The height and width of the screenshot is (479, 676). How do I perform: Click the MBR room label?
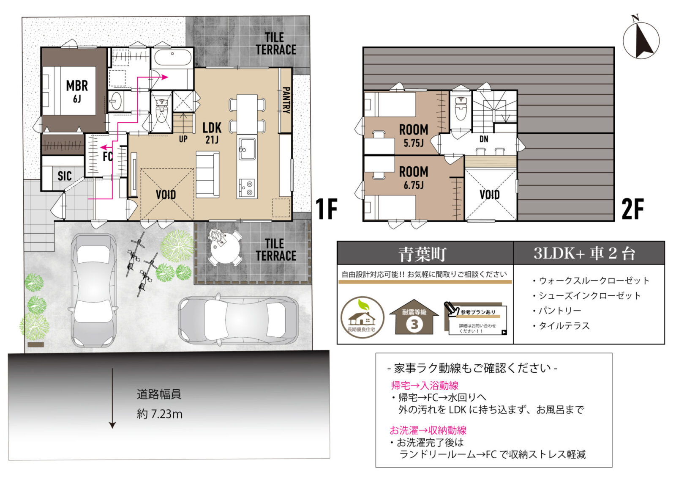[76, 91]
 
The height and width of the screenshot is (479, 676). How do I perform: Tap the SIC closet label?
[64, 176]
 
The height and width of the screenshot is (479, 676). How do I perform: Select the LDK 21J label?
[212, 133]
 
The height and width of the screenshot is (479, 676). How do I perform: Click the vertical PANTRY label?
[286, 100]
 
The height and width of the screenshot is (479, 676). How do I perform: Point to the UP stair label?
[183, 139]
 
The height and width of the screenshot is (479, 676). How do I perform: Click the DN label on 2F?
[484, 139]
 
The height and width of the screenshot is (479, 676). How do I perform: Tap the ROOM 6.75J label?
[413, 177]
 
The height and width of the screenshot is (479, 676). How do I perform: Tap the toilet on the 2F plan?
[460, 107]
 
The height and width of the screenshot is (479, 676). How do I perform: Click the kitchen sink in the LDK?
[246, 149]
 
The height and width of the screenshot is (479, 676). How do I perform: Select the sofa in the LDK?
[207, 174]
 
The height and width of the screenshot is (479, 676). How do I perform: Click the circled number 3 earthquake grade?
[414, 324]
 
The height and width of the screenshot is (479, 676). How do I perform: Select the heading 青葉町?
[422, 254]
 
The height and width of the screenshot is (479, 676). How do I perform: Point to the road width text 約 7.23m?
[160, 414]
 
